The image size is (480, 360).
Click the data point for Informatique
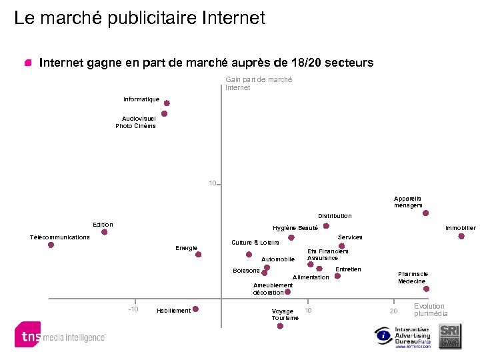167,103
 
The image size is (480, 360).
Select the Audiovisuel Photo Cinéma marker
164,114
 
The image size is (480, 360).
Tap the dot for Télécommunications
51,245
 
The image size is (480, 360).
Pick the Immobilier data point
461,236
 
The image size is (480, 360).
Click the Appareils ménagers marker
425,213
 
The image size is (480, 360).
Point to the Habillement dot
195,309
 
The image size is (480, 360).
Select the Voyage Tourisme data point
280,325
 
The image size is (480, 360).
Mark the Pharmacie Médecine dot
426,289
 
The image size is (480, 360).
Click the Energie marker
198,254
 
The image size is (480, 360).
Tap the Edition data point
103,233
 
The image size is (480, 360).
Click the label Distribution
335,216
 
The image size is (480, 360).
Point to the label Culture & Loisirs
255,243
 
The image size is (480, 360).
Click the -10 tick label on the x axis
133,309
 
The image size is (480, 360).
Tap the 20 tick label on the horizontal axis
393,311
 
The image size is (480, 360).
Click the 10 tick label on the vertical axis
212,183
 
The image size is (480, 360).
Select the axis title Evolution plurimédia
431,310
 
